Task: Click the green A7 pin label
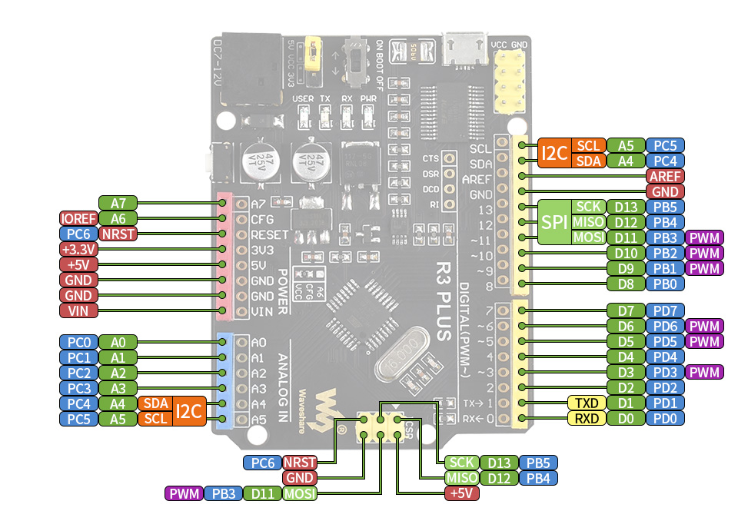[x=118, y=204]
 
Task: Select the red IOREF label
[x=78, y=219]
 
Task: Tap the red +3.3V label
[x=78, y=250]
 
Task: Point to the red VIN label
[x=78, y=310]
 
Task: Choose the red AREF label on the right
[x=665, y=176]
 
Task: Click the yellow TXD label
[x=587, y=403]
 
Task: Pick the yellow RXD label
[x=587, y=419]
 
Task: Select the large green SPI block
[x=554, y=222]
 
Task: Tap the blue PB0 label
[x=665, y=284]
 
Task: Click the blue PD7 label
[x=665, y=311]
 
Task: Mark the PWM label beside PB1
[x=705, y=268]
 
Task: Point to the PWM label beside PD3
[x=705, y=373]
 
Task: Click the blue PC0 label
[x=78, y=342]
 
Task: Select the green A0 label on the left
[x=118, y=342]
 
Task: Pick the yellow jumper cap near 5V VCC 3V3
[x=313, y=52]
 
